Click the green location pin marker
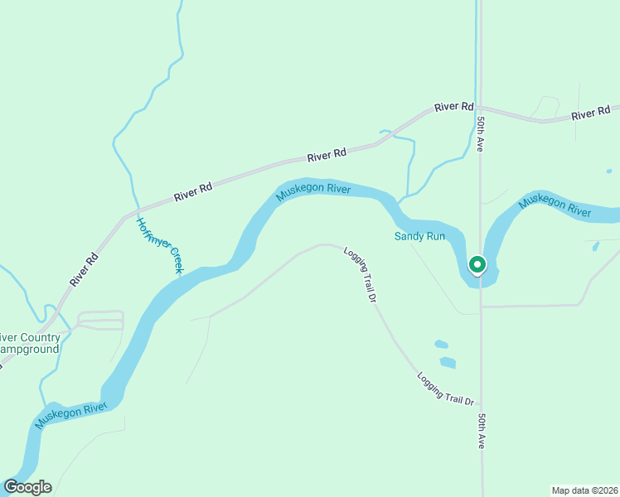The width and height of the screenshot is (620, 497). pyautogui.click(x=477, y=265)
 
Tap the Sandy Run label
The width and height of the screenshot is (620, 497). pyautogui.click(x=419, y=236)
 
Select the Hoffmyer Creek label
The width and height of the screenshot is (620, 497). pyautogui.click(x=159, y=245)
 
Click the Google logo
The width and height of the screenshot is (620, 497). pyautogui.click(x=27, y=487)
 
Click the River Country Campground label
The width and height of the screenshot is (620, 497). pyautogui.click(x=30, y=344)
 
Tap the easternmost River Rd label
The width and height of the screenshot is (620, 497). pyautogui.click(x=591, y=113)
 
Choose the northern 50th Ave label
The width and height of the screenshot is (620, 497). pyautogui.click(x=481, y=133)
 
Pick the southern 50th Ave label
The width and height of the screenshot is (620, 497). pyautogui.click(x=482, y=431)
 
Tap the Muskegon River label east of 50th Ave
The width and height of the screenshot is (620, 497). pyautogui.click(x=555, y=207)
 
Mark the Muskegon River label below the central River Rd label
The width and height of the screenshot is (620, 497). pyautogui.click(x=313, y=192)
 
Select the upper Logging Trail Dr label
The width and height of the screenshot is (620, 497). pyautogui.click(x=361, y=273)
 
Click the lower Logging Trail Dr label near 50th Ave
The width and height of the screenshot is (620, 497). pyautogui.click(x=445, y=388)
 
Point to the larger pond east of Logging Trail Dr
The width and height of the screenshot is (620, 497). pyautogui.click(x=448, y=362)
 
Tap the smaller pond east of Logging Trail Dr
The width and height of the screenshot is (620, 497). pyautogui.click(x=441, y=344)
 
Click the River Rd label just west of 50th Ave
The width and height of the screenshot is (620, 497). pyautogui.click(x=453, y=107)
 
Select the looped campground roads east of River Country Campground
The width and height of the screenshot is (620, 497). pyautogui.click(x=100, y=320)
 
